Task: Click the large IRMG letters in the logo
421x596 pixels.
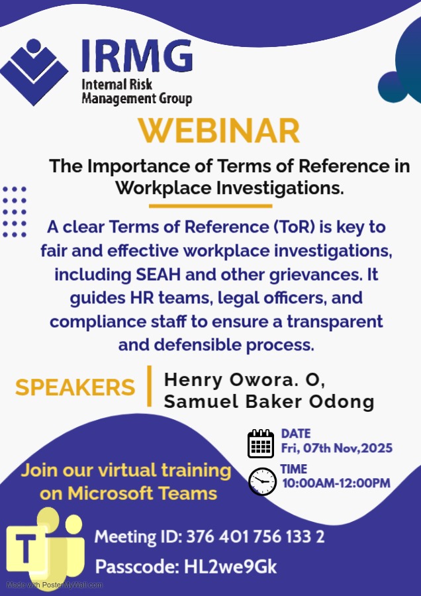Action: tap(137, 56)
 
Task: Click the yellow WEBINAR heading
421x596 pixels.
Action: tap(219, 130)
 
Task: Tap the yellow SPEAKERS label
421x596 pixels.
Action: tap(75, 387)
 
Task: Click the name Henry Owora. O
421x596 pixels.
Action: tap(244, 380)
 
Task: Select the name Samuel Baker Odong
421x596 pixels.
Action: tap(269, 402)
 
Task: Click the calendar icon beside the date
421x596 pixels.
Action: tap(261, 444)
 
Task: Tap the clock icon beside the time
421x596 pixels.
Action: tap(262, 481)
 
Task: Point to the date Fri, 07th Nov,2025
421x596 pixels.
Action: tap(337, 448)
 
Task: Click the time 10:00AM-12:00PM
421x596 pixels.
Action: tap(336, 483)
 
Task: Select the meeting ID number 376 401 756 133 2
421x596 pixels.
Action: tap(256, 536)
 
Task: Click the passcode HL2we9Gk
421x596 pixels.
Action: tap(230, 567)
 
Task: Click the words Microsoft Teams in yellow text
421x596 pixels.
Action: tap(142, 493)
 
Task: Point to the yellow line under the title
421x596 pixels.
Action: tap(210, 206)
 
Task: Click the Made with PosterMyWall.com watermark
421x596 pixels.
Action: tap(55, 585)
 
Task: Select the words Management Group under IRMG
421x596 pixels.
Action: tap(137, 99)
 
